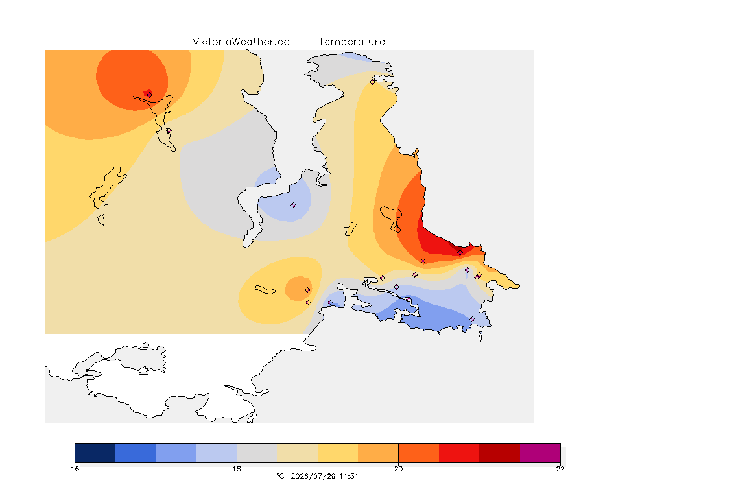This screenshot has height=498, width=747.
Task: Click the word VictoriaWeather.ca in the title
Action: pos(241,42)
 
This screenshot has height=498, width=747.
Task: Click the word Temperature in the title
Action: pos(351,42)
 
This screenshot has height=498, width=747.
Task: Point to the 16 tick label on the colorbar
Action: pos(75,469)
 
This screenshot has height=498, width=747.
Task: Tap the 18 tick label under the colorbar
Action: pos(237,469)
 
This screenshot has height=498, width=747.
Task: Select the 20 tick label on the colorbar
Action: pos(398,469)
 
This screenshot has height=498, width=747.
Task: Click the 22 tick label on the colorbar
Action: pos(560,469)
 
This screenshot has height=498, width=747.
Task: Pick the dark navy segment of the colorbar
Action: pos(95,453)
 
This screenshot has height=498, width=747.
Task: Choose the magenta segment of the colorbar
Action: pos(540,453)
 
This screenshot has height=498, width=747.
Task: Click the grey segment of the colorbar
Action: pos(257,453)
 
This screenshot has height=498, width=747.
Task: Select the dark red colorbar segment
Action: pos(500,453)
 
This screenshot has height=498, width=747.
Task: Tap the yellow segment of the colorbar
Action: pos(338,453)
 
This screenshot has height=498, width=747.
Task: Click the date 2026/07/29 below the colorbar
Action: pos(313,476)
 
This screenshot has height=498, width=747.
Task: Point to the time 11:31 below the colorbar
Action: pos(349,476)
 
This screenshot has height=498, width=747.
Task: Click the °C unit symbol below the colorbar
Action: pos(281,476)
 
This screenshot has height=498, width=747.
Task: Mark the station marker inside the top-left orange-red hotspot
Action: pos(150,95)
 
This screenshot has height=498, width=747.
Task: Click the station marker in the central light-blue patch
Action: pos(294,206)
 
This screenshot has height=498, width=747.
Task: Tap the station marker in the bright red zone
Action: pos(460,253)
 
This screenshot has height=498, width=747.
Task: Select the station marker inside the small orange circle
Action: pos(308,290)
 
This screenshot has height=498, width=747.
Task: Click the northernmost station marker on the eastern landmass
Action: pos(373,82)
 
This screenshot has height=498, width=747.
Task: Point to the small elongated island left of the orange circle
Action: pos(265,290)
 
